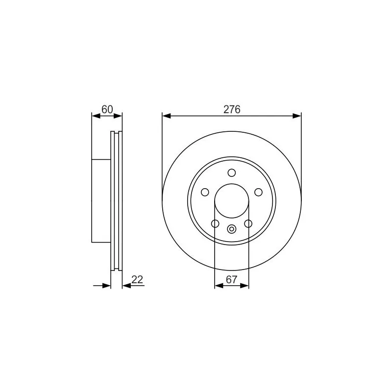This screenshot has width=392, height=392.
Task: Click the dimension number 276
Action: coord(232,109)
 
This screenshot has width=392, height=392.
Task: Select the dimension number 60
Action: coord(107,109)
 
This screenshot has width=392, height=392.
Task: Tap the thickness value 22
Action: coord(137,280)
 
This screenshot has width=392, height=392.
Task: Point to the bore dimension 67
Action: coord(231,280)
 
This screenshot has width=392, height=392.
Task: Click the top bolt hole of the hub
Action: coord(232,173)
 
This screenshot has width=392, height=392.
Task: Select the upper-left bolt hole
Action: coord(205,192)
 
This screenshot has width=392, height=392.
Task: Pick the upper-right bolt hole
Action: coord(258,192)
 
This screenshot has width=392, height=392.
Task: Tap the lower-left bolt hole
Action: coord(215,223)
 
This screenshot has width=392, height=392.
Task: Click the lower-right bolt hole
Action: coord(248,223)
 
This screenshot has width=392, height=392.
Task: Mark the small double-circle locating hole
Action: coord(232,229)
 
